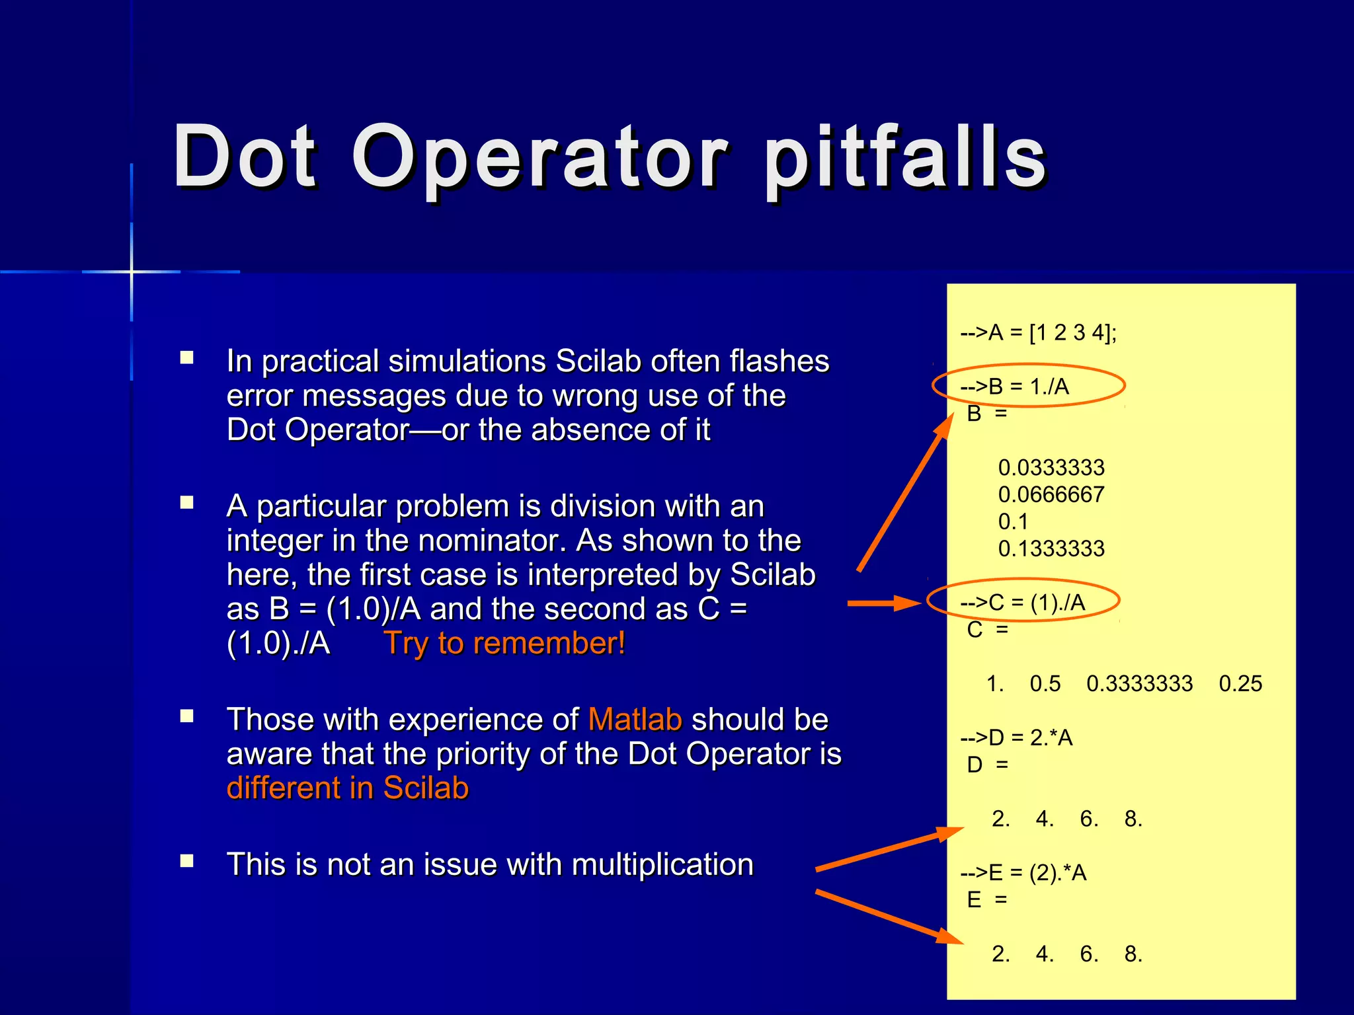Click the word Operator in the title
(x=540, y=159)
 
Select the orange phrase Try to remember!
(x=504, y=643)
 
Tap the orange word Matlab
(x=635, y=719)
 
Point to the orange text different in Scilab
(x=348, y=788)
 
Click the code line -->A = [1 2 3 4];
(x=1038, y=332)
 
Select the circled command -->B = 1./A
(x=1015, y=387)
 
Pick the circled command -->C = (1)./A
(x=1023, y=603)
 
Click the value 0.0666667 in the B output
(x=1051, y=494)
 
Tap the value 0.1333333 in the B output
(x=1051, y=548)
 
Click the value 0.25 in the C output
(x=1240, y=683)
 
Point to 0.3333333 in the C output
(x=1140, y=683)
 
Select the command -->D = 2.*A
(x=1016, y=737)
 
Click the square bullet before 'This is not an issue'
(x=187, y=861)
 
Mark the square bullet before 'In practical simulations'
(x=187, y=358)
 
